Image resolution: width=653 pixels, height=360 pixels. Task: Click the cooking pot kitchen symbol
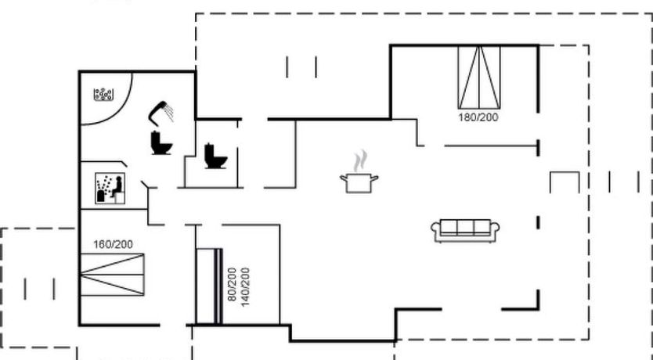click(x=359, y=183)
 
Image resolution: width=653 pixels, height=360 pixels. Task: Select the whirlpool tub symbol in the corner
click(x=103, y=95)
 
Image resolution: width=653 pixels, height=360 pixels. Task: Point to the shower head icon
click(x=161, y=113)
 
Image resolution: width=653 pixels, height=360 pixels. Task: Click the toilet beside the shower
click(x=161, y=142)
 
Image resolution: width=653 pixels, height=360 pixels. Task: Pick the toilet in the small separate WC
click(x=216, y=156)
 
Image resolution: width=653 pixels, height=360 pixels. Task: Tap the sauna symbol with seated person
click(x=110, y=188)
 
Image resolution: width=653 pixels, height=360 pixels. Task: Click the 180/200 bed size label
click(x=478, y=117)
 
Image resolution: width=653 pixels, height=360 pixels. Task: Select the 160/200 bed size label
click(x=113, y=244)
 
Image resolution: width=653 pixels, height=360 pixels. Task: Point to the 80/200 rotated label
click(x=232, y=284)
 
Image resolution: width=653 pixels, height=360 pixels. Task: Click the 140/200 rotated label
click(x=245, y=287)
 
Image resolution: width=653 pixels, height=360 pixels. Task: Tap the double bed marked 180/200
click(x=479, y=77)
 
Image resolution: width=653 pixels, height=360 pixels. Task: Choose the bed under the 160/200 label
click(x=113, y=275)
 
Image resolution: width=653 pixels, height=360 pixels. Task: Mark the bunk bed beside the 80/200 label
click(x=208, y=286)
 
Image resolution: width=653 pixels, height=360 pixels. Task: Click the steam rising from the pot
click(x=361, y=161)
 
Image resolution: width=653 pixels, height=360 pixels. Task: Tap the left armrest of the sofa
click(x=435, y=231)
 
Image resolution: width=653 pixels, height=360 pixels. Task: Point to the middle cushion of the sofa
click(x=465, y=227)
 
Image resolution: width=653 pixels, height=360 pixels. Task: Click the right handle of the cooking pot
click(x=374, y=178)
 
